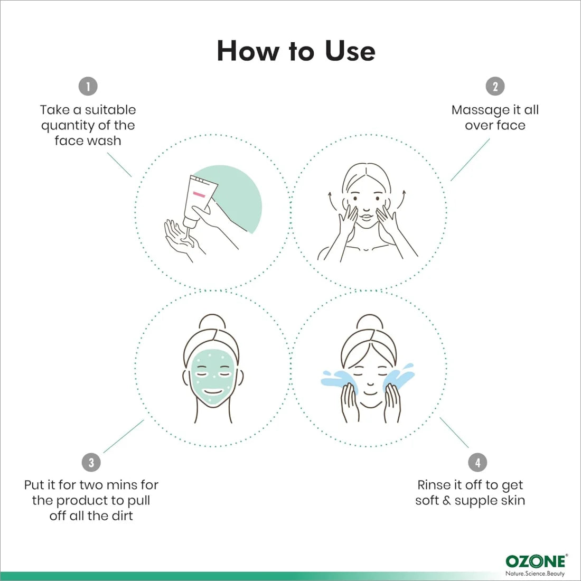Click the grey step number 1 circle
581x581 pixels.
coord(88,86)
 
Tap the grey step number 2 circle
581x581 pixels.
coord(495,86)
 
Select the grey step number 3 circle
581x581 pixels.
coord(91,462)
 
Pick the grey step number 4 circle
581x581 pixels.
coord(477,462)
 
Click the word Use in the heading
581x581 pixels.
coord(350,51)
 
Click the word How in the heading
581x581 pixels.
coord(248,51)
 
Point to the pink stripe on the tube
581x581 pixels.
coord(199,194)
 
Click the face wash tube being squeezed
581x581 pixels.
coord(199,201)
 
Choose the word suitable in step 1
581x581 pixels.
coord(110,110)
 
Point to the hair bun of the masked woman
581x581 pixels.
coord(212,322)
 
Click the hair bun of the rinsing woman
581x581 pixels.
coord(369,322)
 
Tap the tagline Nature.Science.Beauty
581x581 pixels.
coord(535,574)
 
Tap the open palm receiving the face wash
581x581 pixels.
coord(182,239)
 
